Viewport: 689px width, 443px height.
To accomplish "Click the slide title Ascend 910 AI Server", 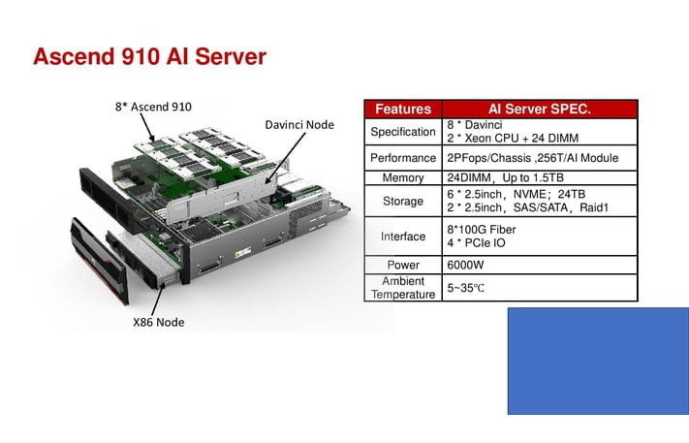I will (x=149, y=57).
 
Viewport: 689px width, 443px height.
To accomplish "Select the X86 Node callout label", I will (x=159, y=321).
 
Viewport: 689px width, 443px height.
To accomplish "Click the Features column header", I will (x=403, y=109).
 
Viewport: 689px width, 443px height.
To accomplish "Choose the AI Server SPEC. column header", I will (x=541, y=109).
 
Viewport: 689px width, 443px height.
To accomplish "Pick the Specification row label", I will (x=404, y=132).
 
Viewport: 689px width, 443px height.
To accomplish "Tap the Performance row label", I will (x=404, y=157).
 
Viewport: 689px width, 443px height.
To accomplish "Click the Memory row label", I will (x=404, y=178).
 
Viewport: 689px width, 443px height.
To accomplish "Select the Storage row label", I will (x=404, y=201).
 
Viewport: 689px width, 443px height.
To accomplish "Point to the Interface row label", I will (x=404, y=236).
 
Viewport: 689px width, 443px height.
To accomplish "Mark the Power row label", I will (x=404, y=265).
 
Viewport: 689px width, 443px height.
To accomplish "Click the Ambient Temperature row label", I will (x=404, y=287).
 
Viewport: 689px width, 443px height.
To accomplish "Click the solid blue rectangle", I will (x=597, y=361).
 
